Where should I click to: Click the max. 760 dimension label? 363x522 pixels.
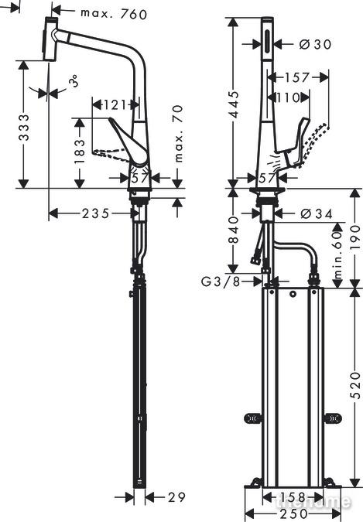click(x=114, y=14)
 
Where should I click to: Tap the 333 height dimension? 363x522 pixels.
click(x=24, y=128)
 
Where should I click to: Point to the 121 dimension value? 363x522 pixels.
click(x=114, y=105)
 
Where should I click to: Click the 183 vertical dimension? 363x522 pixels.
click(x=80, y=152)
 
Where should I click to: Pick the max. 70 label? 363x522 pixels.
click(x=178, y=134)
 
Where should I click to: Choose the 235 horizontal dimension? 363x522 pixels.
click(x=96, y=213)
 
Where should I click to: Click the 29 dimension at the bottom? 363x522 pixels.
click(x=176, y=497)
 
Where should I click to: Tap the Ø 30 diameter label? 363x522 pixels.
click(x=315, y=44)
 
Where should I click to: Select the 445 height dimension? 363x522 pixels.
click(x=234, y=104)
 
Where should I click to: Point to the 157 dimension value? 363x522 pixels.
click(x=297, y=77)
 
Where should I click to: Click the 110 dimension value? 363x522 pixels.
click(x=289, y=97)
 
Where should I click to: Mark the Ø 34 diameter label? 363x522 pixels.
click(x=317, y=213)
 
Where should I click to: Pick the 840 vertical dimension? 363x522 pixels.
click(x=234, y=230)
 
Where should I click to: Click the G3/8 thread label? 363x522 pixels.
click(x=221, y=282)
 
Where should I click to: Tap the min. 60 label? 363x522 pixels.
click(x=338, y=254)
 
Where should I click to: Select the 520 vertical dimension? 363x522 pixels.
click(x=356, y=386)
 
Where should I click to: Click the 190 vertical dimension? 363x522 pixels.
click(x=356, y=237)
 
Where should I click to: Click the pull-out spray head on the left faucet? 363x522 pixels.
click(x=50, y=39)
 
